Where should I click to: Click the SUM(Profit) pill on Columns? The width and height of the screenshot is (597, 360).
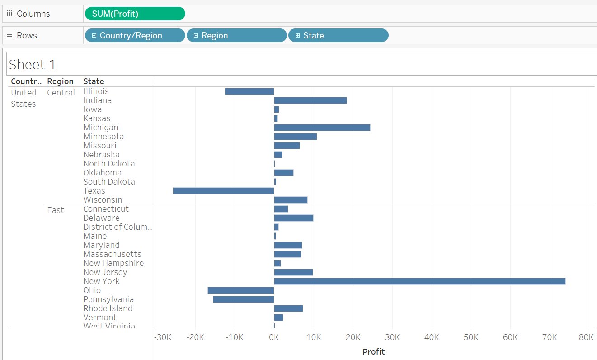coord(135,14)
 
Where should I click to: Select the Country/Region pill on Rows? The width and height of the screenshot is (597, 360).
coord(135,35)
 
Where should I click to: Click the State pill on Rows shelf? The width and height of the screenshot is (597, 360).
coord(338,35)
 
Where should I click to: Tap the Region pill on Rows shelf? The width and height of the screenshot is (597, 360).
coord(236,35)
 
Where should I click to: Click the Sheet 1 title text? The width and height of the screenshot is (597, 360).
coord(33,65)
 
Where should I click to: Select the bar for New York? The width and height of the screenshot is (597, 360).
coord(419,281)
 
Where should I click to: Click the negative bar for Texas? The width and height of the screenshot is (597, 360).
coord(223,191)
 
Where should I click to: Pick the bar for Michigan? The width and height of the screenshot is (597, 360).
coord(322,128)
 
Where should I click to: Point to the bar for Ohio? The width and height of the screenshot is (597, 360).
coord(240,290)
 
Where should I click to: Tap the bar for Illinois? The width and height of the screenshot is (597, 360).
coord(249,91)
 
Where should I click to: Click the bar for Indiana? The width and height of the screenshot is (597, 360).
coord(310,100)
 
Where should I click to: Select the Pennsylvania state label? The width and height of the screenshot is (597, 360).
coord(108,299)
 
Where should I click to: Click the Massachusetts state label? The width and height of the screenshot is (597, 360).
coord(112,254)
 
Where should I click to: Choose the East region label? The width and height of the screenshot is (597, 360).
coord(56,210)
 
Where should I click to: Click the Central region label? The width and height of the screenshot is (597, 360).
coord(61,93)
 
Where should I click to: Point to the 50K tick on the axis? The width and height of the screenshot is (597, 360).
coord(471,337)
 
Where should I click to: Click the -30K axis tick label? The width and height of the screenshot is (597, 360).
coord(163,337)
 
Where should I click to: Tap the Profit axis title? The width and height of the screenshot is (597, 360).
coord(374,351)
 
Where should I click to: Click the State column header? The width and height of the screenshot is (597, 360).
coord(94,81)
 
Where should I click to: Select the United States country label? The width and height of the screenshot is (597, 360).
coord(24,98)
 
